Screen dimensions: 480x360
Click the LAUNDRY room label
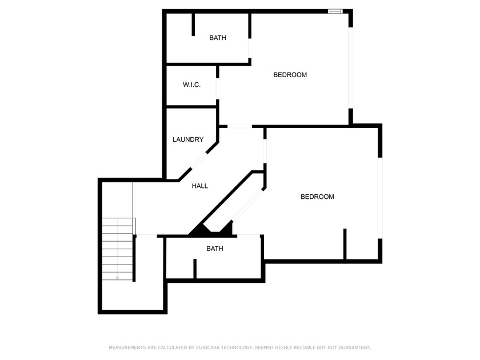pyautogui.click(x=188, y=139)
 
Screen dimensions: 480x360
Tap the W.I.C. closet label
pyautogui.click(x=191, y=85)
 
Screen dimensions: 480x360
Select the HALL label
pyautogui.click(x=200, y=186)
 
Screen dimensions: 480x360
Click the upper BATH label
pyautogui.click(x=218, y=38)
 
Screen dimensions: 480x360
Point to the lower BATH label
pyautogui.click(x=215, y=249)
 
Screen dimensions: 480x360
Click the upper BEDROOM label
pyautogui.click(x=290, y=75)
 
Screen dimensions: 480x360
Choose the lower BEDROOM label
pyautogui.click(x=317, y=197)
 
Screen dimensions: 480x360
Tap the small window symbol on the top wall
pyautogui.click(x=335, y=11)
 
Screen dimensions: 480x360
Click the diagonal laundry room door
pyautogui.click(x=199, y=160)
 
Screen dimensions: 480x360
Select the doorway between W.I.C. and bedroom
pyautogui.click(x=218, y=89)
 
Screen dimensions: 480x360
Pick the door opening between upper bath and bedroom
pyautogui.click(x=250, y=48)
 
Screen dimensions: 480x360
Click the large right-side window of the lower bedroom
pyautogui.click(x=380, y=198)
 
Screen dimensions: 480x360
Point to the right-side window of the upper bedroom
pyautogui.click(x=351, y=68)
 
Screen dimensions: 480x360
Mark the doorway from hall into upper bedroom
pyautogui.click(x=239, y=126)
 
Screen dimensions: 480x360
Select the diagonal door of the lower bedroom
pyautogui.click(x=248, y=205)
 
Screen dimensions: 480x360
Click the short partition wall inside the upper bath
pyautogui.click(x=193, y=25)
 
